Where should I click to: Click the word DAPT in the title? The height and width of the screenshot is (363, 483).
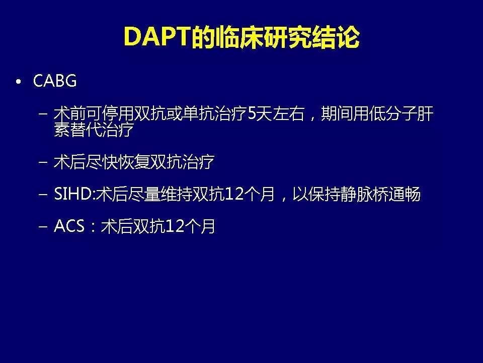coord(156,37)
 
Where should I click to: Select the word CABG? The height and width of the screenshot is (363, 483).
coord(55,81)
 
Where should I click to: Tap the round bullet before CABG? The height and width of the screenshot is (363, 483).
coord(19,82)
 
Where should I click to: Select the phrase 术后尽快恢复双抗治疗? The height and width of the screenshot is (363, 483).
coord(134,162)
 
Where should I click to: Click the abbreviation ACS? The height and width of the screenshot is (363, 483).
coord(69,226)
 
